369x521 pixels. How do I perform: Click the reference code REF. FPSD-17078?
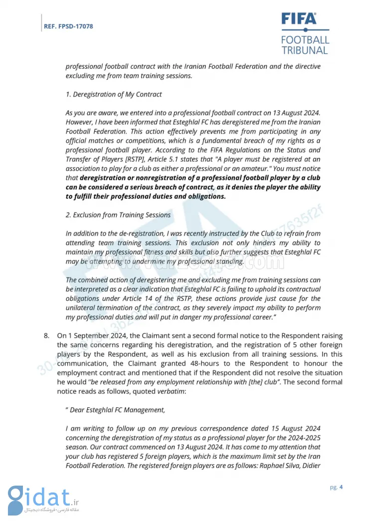[x=69, y=26]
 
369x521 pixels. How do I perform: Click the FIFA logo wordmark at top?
[x=299, y=19]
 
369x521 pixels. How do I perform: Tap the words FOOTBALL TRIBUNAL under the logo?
[x=305, y=45]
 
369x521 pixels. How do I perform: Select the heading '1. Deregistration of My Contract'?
[x=114, y=94]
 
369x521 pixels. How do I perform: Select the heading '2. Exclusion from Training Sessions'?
[x=118, y=215]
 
